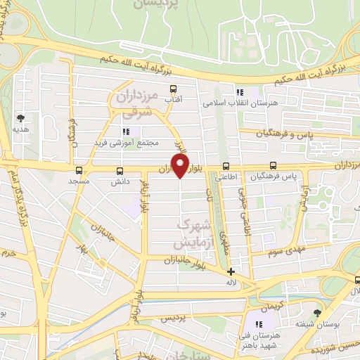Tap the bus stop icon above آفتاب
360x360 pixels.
[173, 89]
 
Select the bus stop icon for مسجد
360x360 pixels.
[79, 170]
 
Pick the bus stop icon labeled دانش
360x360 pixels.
[118, 170]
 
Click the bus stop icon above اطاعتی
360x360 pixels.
[226, 167]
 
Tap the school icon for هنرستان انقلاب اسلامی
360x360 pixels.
[240, 92]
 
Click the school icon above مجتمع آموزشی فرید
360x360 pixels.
[127, 131]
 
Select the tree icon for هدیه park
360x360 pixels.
[20, 118]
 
